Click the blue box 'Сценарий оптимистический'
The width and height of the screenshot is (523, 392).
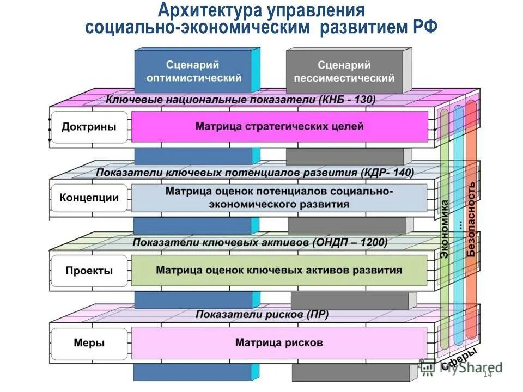194,71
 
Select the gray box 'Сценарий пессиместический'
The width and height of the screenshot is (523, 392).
344,71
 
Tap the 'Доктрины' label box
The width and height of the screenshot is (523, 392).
89,127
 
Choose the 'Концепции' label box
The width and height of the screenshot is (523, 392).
89,198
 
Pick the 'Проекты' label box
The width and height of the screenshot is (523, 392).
89,271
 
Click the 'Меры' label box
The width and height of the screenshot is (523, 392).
89,343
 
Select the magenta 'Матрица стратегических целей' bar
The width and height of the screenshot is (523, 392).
279,127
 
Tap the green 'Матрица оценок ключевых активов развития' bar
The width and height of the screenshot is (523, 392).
279,270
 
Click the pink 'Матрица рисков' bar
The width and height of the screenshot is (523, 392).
279,343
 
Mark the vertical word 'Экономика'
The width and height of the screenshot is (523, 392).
445,229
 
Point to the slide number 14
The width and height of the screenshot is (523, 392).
487,374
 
